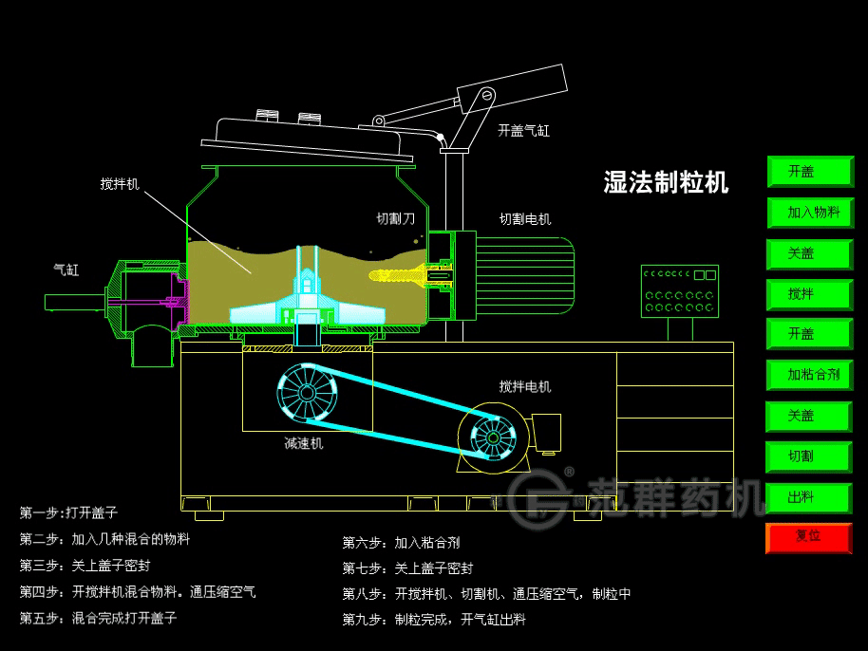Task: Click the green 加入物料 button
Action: point(809,213)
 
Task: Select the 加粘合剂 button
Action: point(809,375)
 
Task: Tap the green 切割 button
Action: point(809,456)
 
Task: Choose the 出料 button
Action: point(809,497)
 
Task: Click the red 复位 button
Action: point(809,537)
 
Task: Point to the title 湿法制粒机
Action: point(666,182)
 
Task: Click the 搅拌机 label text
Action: point(120,184)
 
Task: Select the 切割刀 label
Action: point(396,219)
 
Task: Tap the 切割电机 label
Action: point(525,219)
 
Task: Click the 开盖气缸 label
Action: point(523,131)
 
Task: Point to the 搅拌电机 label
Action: point(525,386)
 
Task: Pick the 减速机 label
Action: point(304,443)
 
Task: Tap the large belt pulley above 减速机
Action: point(308,392)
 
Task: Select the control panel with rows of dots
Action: point(680,291)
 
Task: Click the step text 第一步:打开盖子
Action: point(69,512)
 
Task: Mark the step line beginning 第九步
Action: point(433,620)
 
